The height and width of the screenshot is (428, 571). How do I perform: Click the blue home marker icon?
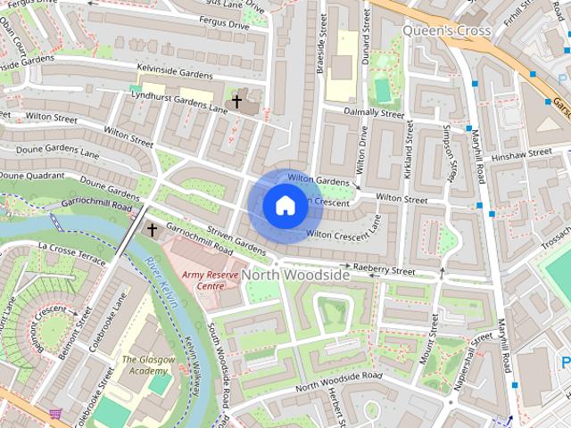(x=285, y=205)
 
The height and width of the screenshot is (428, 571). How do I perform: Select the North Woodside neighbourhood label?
(x=295, y=276)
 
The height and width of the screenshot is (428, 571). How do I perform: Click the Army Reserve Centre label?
(x=203, y=281)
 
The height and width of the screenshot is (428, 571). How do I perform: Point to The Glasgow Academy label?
(x=144, y=366)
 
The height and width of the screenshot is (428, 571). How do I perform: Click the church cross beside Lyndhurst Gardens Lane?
(x=236, y=102)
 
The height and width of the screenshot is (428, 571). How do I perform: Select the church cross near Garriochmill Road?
(x=152, y=230)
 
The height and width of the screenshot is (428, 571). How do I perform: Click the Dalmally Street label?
(x=374, y=113)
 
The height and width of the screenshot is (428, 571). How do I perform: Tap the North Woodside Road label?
(x=339, y=382)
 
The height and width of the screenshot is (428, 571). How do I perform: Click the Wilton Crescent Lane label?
(x=343, y=234)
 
